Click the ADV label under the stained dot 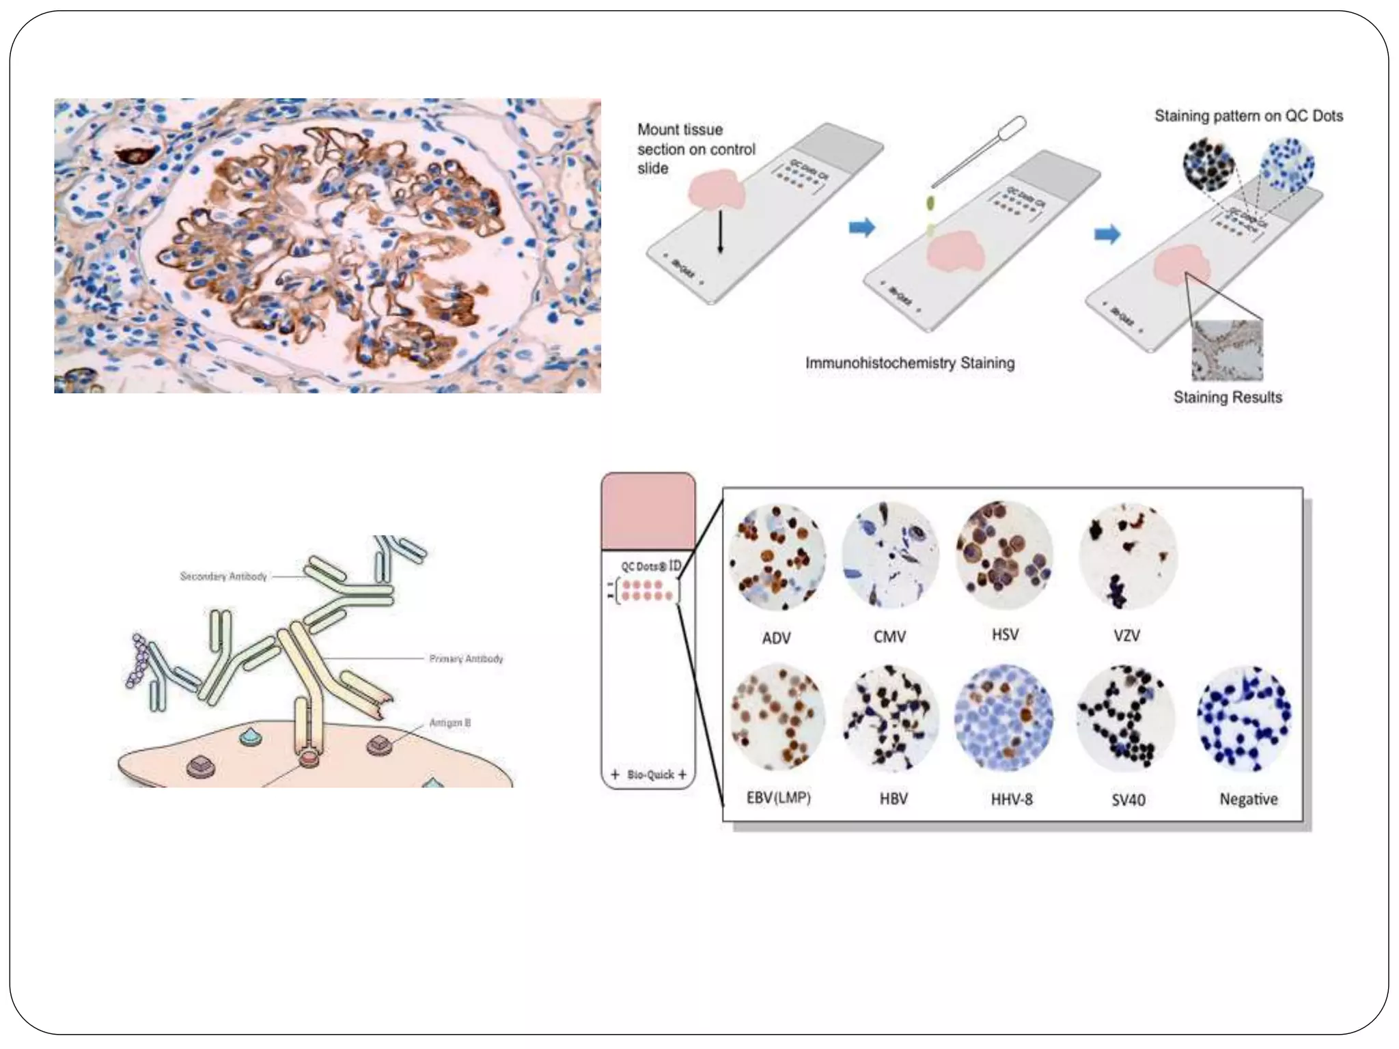pos(776,638)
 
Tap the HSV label pos(1005,635)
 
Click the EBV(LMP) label pos(778,798)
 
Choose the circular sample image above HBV pos(891,717)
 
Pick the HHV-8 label pos(1012,799)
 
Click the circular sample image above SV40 pos(1126,717)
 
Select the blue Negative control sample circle pos(1245,717)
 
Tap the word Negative pos(1249,799)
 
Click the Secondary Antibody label pos(223,576)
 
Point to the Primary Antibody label pos(466,658)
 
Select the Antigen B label pos(449,723)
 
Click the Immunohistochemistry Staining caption pos(910,363)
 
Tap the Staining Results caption pos(1228,397)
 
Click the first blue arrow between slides pos(861,227)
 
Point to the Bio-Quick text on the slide pos(650,774)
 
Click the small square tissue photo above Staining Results pos(1227,350)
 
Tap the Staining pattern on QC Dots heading pos(1249,116)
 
